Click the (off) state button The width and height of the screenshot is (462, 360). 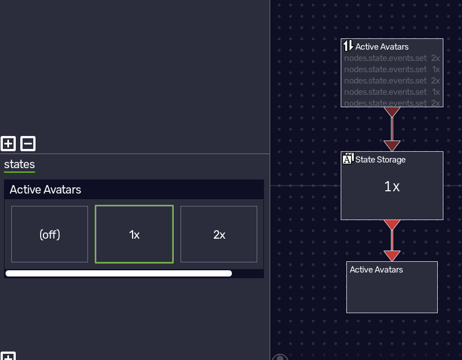pyautogui.click(x=50, y=234)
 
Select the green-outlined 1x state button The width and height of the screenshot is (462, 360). pyautogui.click(x=134, y=234)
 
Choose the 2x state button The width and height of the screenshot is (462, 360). pyautogui.click(x=219, y=234)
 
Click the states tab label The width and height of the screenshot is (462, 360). pyautogui.click(x=19, y=164)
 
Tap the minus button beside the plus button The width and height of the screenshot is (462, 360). pyautogui.click(x=28, y=143)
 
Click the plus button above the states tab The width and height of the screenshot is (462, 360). pyautogui.click(x=8, y=143)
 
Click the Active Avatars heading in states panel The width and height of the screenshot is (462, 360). pyautogui.click(x=45, y=190)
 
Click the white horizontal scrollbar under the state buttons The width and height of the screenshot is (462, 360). pyautogui.click(x=118, y=273)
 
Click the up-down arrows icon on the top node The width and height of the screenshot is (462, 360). pyautogui.click(x=348, y=46)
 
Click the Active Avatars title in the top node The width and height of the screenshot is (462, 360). pyautogui.click(x=382, y=47)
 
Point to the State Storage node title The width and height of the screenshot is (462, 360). pyautogui.click(x=380, y=160)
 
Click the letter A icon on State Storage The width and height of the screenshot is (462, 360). pyautogui.click(x=348, y=159)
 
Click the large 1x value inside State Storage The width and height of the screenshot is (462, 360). pyautogui.click(x=392, y=187)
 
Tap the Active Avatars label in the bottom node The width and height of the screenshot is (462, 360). pyautogui.click(x=376, y=270)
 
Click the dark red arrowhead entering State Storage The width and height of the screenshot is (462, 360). pyautogui.click(x=392, y=146)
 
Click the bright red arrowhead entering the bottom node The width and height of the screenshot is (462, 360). pyautogui.click(x=392, y=256)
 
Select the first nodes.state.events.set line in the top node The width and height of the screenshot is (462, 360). pyautogui.click(x=385, y=58)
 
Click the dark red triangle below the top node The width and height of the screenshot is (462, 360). pyautogui.click(x=392, y=112)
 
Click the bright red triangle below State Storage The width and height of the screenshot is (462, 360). pyautogui.click(x=392, y=225)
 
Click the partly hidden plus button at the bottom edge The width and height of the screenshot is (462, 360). pyautogui.click(x=8, y=356)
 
